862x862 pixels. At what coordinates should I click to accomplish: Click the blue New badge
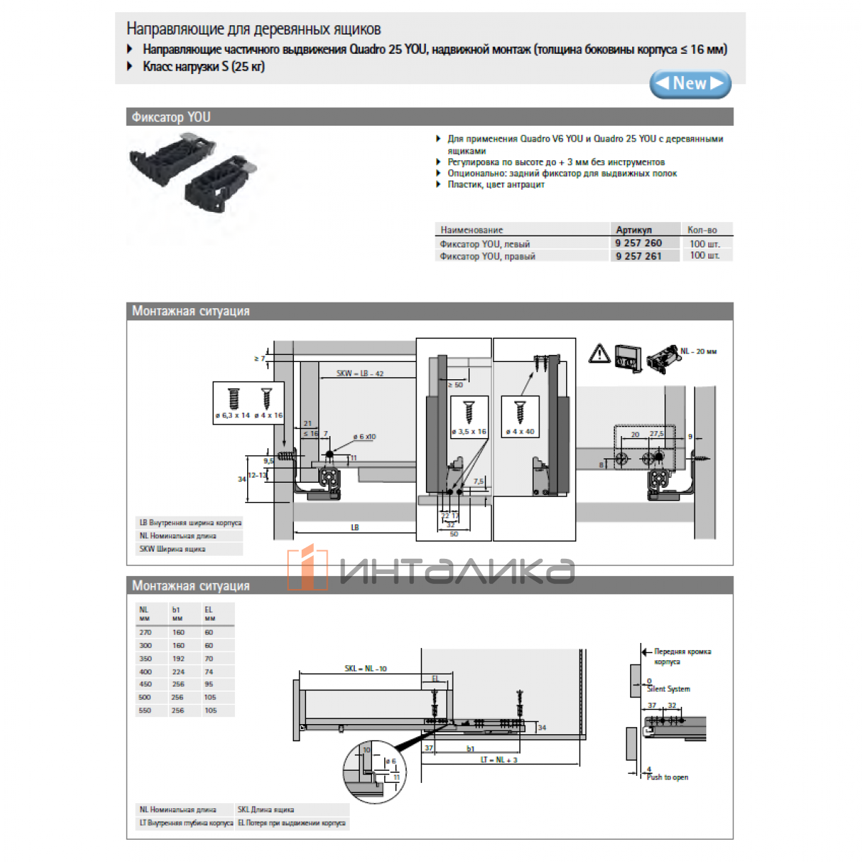pos(690,84)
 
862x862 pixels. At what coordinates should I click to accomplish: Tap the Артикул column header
pos(634,230)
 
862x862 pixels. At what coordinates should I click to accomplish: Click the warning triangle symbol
pos(599,353)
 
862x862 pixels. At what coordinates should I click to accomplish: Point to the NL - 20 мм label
pos(698,352)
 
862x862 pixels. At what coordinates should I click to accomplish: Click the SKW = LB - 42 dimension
pos(360,374)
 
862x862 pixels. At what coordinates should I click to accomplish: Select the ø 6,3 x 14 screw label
pos(232,416)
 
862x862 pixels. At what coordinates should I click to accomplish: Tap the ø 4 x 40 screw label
pos(520,432)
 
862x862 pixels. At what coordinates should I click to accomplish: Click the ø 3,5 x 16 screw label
pos(468,432)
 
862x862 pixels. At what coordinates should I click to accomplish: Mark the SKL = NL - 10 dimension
pos(365,669)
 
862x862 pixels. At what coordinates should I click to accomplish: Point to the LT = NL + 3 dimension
pos(499,760)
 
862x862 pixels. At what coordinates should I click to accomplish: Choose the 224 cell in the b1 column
pos(178,672)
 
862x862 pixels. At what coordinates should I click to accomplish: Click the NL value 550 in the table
pos(145,710)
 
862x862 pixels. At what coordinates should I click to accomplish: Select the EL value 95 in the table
pos(209,685)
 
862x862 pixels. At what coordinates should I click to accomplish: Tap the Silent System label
pos(668,689)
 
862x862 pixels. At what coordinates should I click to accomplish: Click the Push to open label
pos(667,777)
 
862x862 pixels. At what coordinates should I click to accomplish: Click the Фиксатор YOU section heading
pos(171,117)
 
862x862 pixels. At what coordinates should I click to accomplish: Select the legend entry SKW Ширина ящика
pos(172,550)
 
